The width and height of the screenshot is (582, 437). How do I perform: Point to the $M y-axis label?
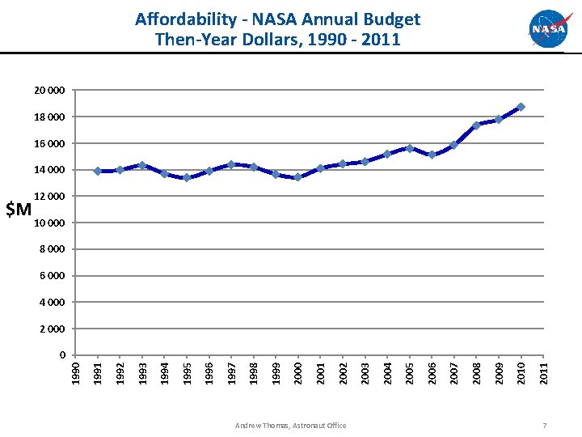click(x=19, y=210)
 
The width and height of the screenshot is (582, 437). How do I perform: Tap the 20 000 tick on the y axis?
click(x=51, y=90)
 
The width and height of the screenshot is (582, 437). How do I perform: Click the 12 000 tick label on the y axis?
click(x=51, y=197)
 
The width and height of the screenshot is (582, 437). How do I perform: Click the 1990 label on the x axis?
click(x=75, y=372)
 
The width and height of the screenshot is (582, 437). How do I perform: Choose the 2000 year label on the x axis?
click(x=298, y=372)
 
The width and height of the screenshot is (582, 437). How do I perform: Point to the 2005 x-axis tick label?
click(x=410, y=372)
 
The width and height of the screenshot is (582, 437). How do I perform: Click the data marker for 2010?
click(x=521, y=107)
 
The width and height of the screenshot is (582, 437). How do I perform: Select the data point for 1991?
click(x=98, y=171)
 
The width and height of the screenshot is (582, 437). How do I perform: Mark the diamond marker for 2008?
click(x=476, y=125)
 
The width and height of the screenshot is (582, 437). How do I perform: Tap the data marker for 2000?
click(x=298, y=177)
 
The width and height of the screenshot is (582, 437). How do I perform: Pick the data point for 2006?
click(x=432, y=155)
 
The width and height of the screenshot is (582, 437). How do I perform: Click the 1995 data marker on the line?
click(x=187, y=177)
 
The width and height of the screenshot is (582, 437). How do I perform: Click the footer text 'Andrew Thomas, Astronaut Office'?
click(x=290, y=426)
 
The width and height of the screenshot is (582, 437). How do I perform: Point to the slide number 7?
click(x=546, y=426)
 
